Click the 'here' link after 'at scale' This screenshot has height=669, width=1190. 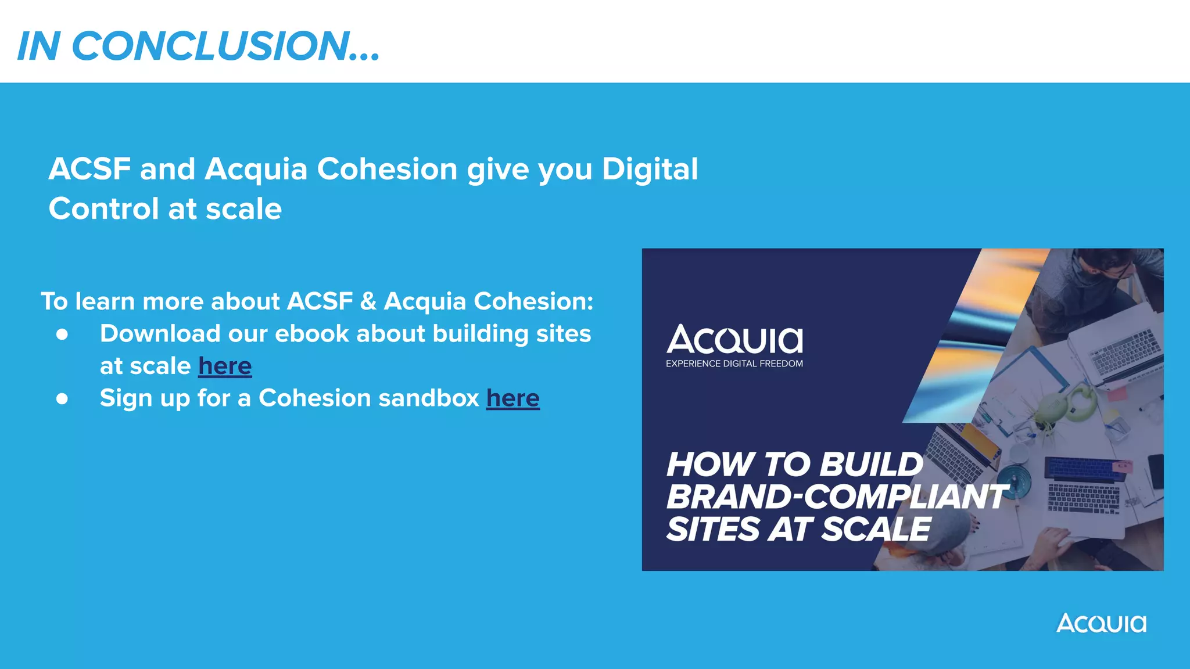point(225,366)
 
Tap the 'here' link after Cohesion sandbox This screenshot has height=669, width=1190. point(512,398)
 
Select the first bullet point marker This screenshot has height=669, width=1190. point(62,334)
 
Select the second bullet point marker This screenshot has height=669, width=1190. point(62,399)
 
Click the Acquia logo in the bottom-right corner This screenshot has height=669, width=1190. point(1101,624)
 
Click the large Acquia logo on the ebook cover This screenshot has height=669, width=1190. point(734,340)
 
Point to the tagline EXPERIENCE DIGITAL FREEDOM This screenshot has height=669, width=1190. point(734,364)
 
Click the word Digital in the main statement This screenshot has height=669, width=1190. point(650,170)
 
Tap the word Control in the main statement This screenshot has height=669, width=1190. point(103,209)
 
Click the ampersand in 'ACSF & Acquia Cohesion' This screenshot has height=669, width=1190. point(368,301)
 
